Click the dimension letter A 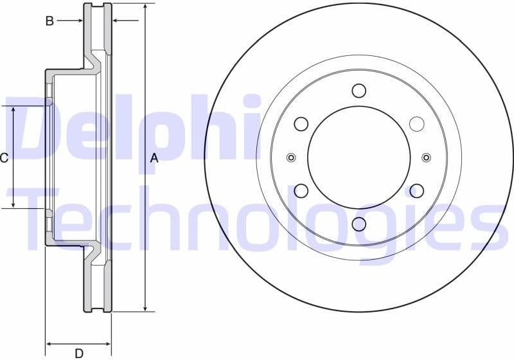tap(154, 157)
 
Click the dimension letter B tap(49, 21)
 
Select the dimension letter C tap(4, 157)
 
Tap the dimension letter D tap(78, 352)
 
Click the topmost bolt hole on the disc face tap(359, 91)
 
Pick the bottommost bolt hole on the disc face tap(359, 223)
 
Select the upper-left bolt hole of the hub tap(301, 123)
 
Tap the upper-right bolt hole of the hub tap(416, 123)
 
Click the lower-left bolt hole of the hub tap(301, 190)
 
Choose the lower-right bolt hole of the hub tap(416, 190)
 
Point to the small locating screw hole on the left tap(291, 157)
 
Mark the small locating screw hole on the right tap(427, 157)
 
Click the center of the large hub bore tap(359, 157)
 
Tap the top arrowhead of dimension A tap(146, 7)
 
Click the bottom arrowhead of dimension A tap(146, 308)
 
